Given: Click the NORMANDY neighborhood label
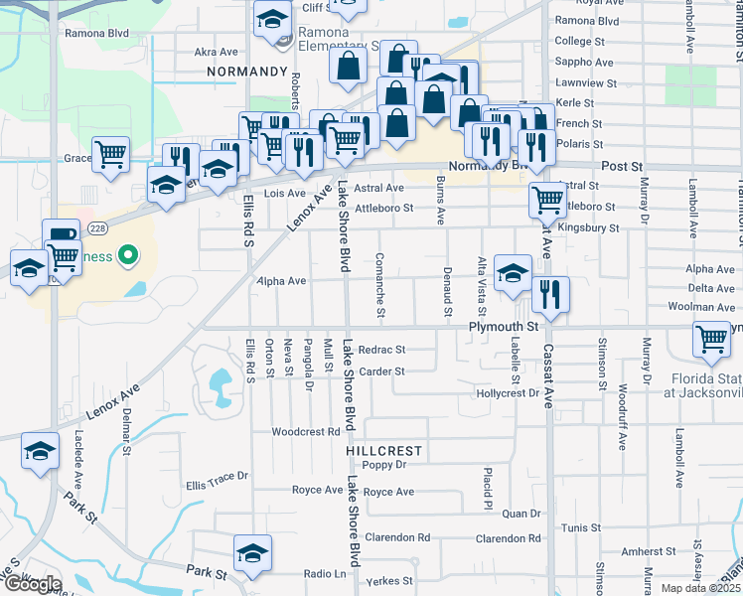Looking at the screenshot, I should click(245, 73).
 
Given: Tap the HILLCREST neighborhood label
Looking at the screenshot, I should click(384, 450).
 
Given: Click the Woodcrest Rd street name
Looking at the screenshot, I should click(306, 432).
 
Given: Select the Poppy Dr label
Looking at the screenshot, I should click(384, 465).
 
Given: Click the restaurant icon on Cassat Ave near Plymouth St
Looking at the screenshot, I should click(549, 294).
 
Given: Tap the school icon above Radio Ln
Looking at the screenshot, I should click(252, 552).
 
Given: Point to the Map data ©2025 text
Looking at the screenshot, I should click(701, 588).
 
